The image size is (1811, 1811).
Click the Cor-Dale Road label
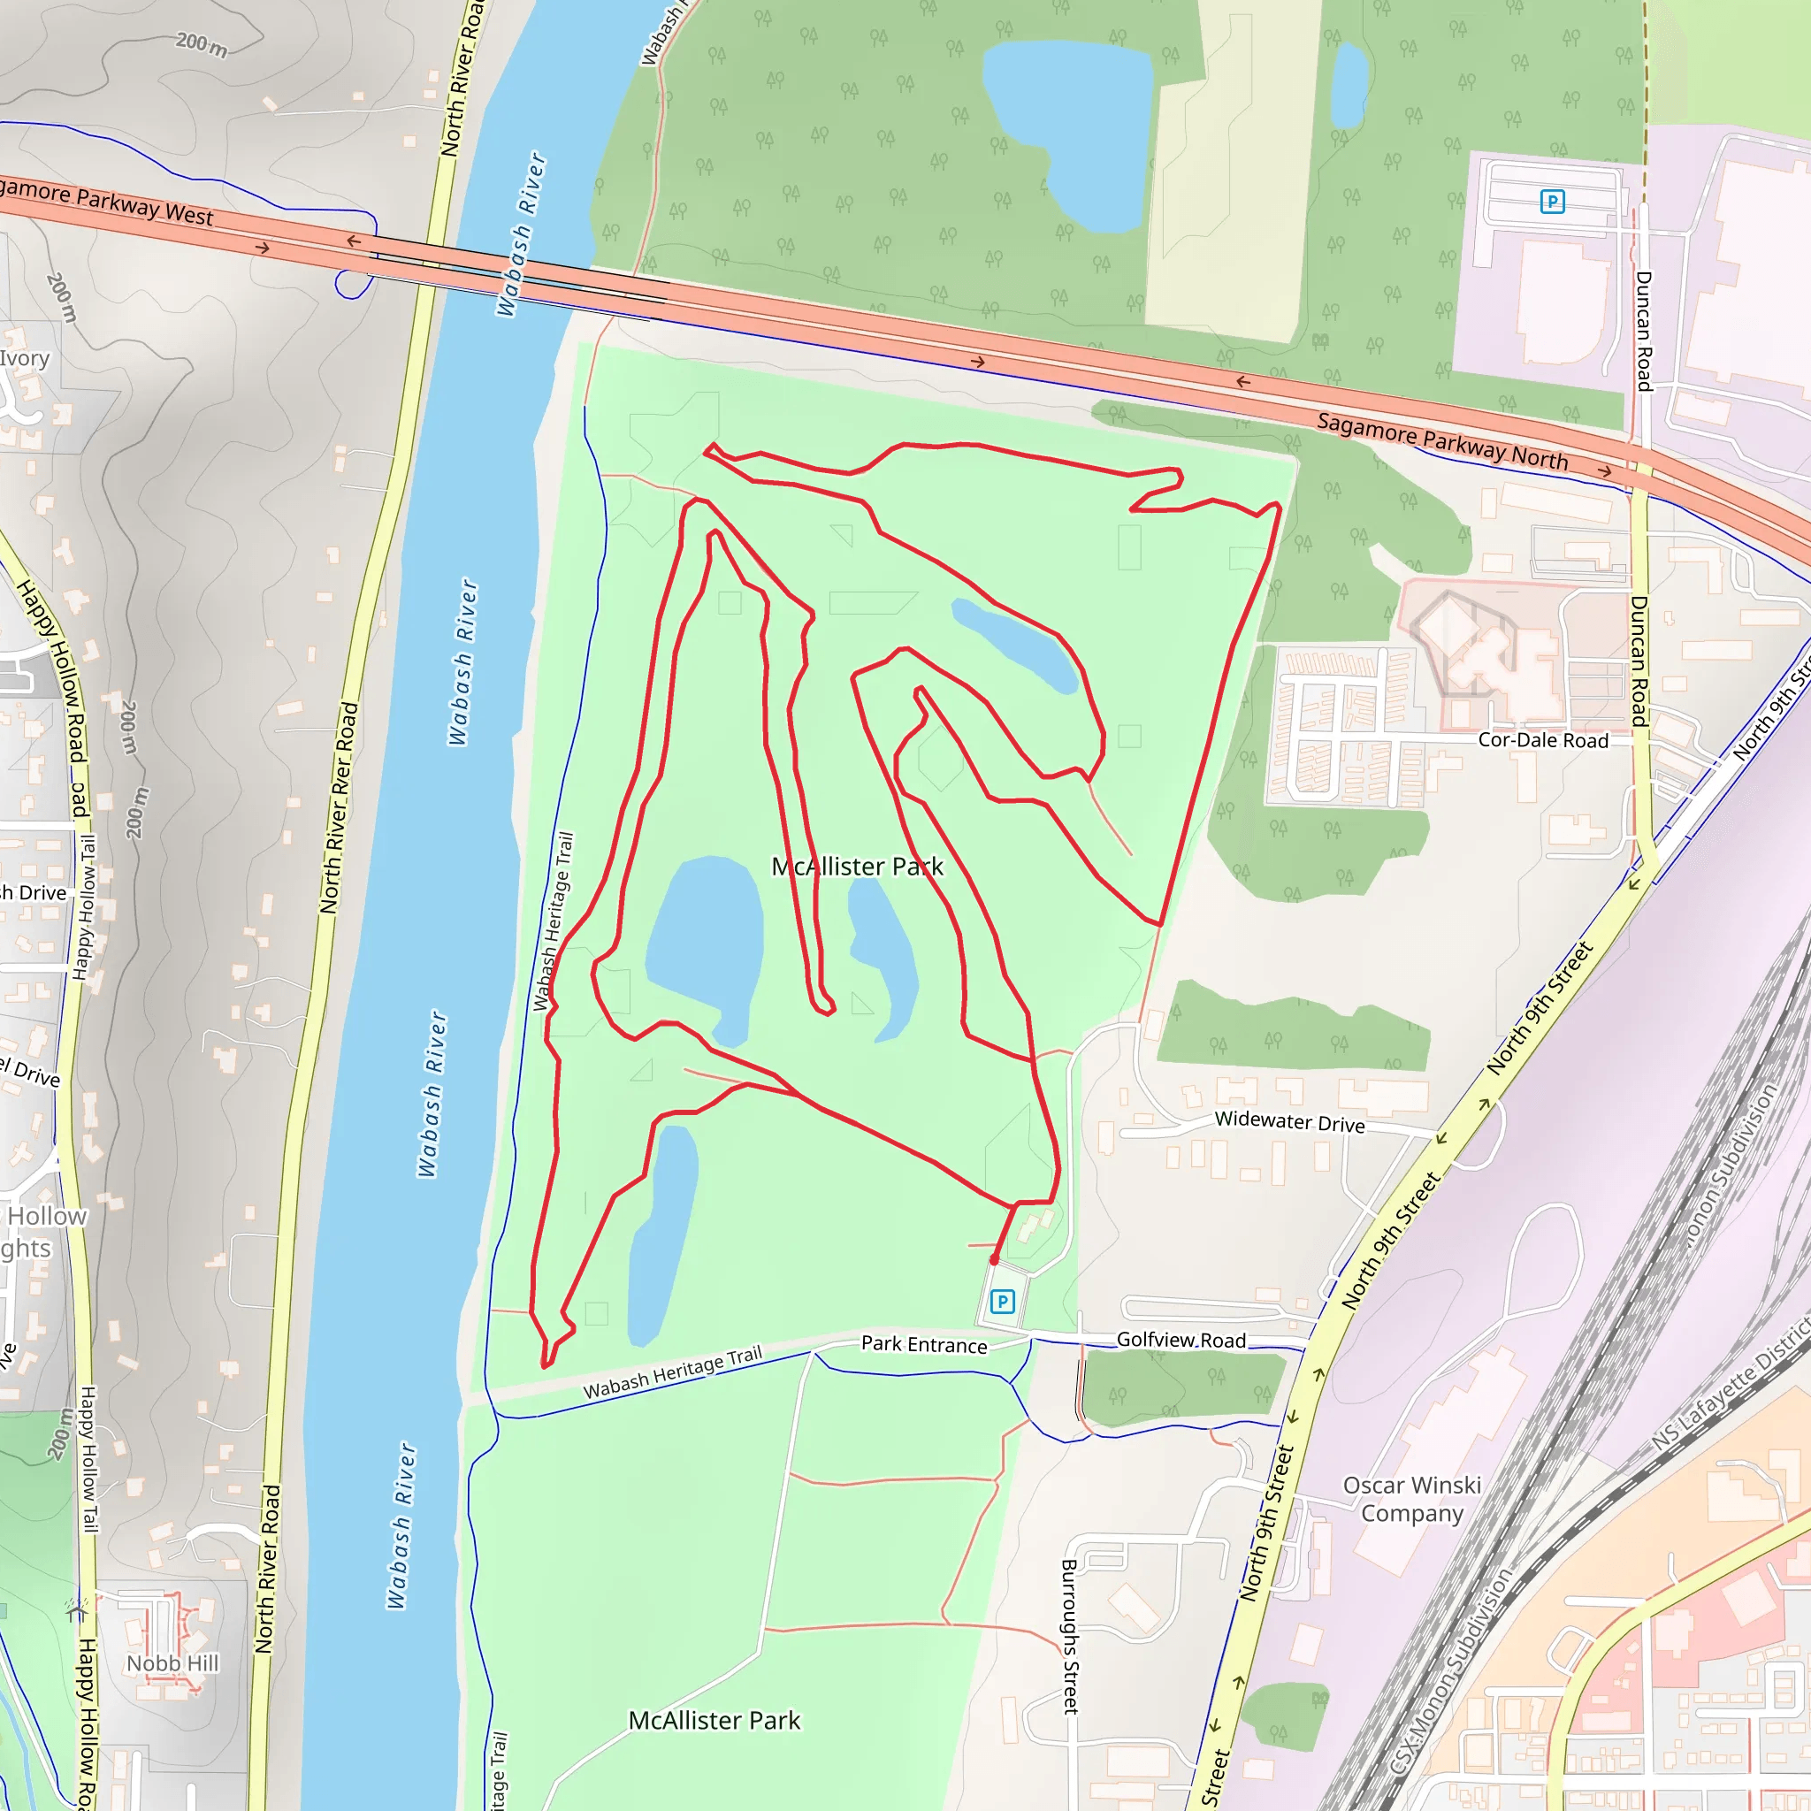(x=1543, y=740)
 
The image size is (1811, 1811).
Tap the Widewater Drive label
(x=1289, y=1122)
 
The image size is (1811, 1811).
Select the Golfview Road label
(x=1181, y=1340)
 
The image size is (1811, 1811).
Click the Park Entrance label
(x=924, y=1344)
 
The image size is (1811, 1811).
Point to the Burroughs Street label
(x=1070, y=1637)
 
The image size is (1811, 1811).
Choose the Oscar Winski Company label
(x=1411, y=1499)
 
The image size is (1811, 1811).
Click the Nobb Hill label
(x=172, y=1663)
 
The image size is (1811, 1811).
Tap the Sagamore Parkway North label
(x=1441, y=440)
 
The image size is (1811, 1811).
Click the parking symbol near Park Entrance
(x=1002, y=1301)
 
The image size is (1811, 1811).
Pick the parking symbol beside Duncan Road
(x=1552, y=202)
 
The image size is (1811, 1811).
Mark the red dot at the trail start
(x=995, y=1260)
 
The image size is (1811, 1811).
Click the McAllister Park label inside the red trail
(x=857, y=866)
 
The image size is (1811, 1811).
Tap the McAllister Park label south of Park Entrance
(x=714, y=1720)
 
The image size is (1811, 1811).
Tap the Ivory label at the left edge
(x=25, y=358)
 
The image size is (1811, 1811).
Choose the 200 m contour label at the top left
(x=202, y=43)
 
